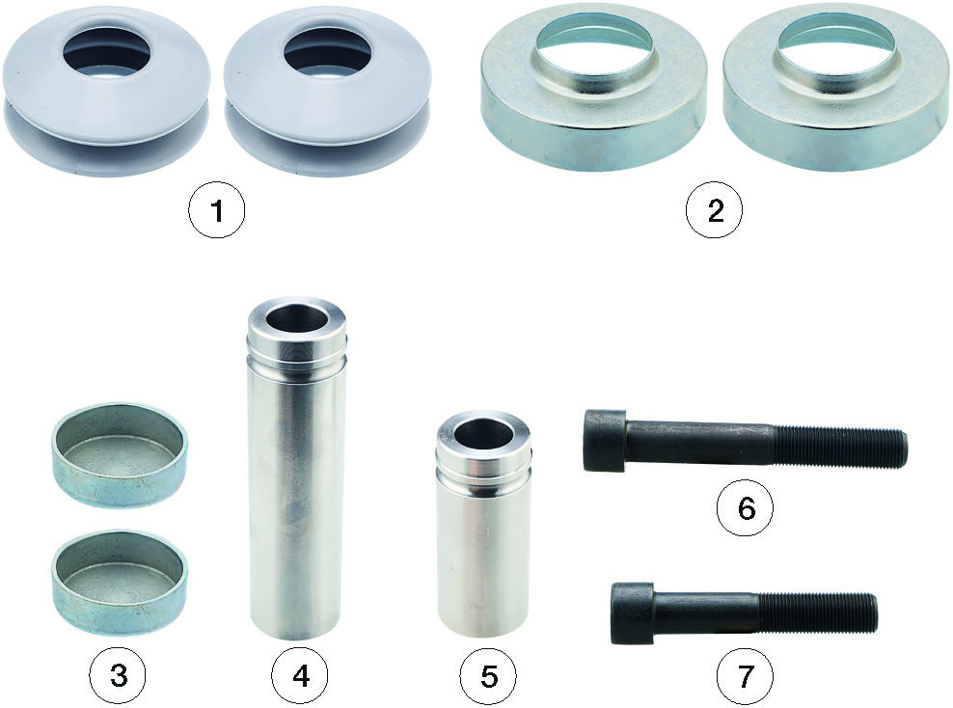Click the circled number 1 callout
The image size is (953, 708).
tap(217, 211)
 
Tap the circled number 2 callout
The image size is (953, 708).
tap(715, 211)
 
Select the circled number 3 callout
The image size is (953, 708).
tap(118, 675)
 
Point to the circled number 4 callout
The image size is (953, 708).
tap(300, 675)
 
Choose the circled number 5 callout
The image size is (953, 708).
tap(488, 675)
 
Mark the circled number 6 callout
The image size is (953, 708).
tap(746, 506)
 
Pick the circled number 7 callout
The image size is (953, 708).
tap(746, 675)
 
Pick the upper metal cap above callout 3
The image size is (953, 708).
tap(119, 454)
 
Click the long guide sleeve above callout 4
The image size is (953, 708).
tap(296, 468)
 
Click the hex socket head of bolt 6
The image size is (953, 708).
tap(605, 441)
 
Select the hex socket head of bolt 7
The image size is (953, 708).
tap(632, 613)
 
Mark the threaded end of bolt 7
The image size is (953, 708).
tap(818, 613)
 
